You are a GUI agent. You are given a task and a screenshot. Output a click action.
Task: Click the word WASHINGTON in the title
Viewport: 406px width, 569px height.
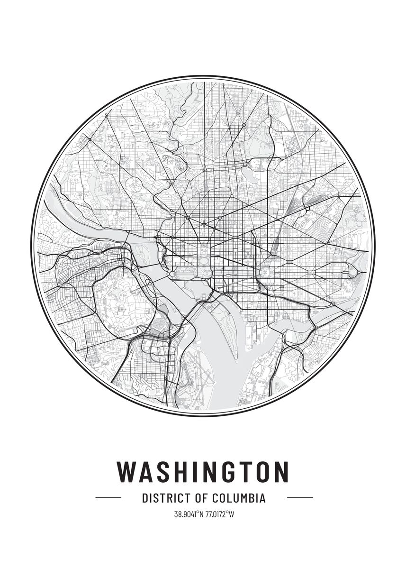pos(203,471)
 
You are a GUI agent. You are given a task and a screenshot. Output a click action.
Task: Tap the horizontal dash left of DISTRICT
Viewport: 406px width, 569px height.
pos(108,498)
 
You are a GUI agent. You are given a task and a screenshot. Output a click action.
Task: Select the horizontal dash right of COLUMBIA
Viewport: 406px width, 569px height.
pos(300,498)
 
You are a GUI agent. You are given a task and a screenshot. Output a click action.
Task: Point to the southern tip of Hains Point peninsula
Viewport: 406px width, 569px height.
pos(235,357)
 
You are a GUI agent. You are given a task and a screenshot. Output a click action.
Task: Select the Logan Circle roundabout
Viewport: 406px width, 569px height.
pos(204,223)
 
